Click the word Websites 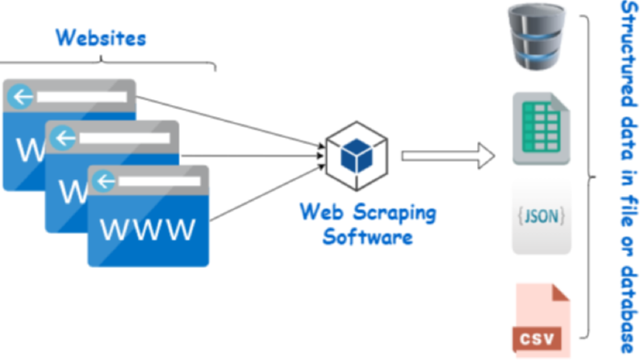click(101, 38)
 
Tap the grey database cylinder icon click(537, 36)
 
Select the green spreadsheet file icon click(542, 128)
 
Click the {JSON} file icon click(542, 217)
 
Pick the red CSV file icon click(542, 320)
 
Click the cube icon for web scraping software click(357, 156)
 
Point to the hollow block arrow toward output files click(448, 156)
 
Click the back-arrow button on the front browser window click(104, 182)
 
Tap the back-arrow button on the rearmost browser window click(20, 97)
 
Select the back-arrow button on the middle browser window click(63, 138)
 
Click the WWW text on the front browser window click(148, 229)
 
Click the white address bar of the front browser click(159, 182)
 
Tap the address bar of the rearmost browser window click(82, 97)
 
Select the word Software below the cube click(367, 237)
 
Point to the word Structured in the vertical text click(629, 54)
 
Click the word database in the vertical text click(629, 309)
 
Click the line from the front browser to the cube click(267, 193)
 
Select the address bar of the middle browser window click(124, 138)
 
